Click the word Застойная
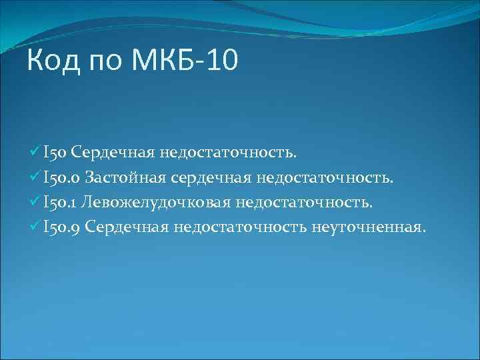pos(125,178)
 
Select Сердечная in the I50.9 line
pos(128,227)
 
